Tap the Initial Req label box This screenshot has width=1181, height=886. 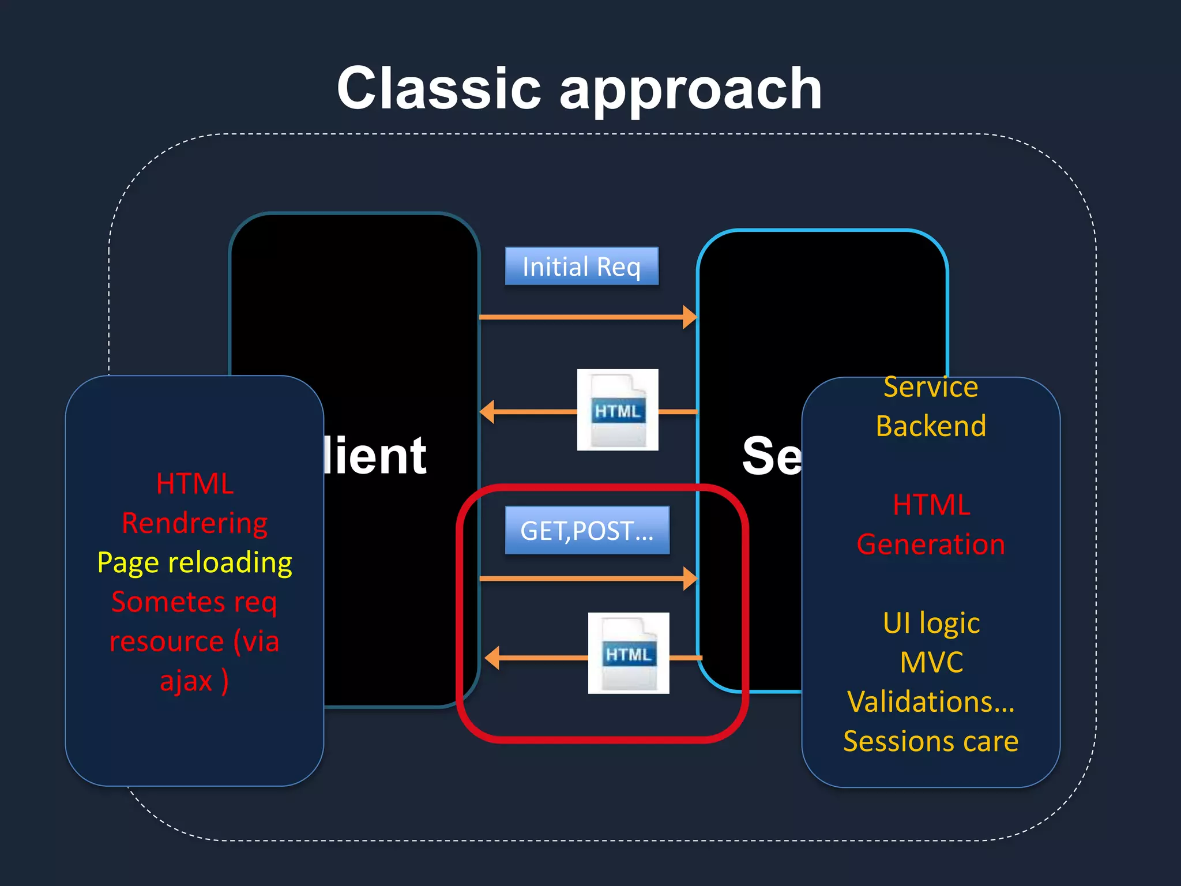pos(581,266)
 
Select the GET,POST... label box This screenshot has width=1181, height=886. pos(587,531)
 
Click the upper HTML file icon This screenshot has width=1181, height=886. pos(618,410)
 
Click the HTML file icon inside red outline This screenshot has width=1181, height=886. pos(629,653)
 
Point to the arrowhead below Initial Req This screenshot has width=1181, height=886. pos(690,317)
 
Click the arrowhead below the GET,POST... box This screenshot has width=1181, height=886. pos(690,578)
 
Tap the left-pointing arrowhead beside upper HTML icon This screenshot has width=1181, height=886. pos(487,412)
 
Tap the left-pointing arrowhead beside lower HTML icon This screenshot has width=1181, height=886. pos(492,658)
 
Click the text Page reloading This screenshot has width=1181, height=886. pos(194,562)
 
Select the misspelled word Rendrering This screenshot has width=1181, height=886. pos(194,523)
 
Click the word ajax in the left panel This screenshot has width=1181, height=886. pos(186,681)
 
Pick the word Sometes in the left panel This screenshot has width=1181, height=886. pos(168,602)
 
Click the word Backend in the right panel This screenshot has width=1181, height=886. pos(930,426)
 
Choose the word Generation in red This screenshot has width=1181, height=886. pos(930,544)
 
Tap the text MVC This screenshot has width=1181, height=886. pos(931,662)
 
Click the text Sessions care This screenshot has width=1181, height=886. pos(930,741)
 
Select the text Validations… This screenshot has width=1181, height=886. pos(930,702)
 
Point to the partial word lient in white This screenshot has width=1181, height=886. pos(375,456)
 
